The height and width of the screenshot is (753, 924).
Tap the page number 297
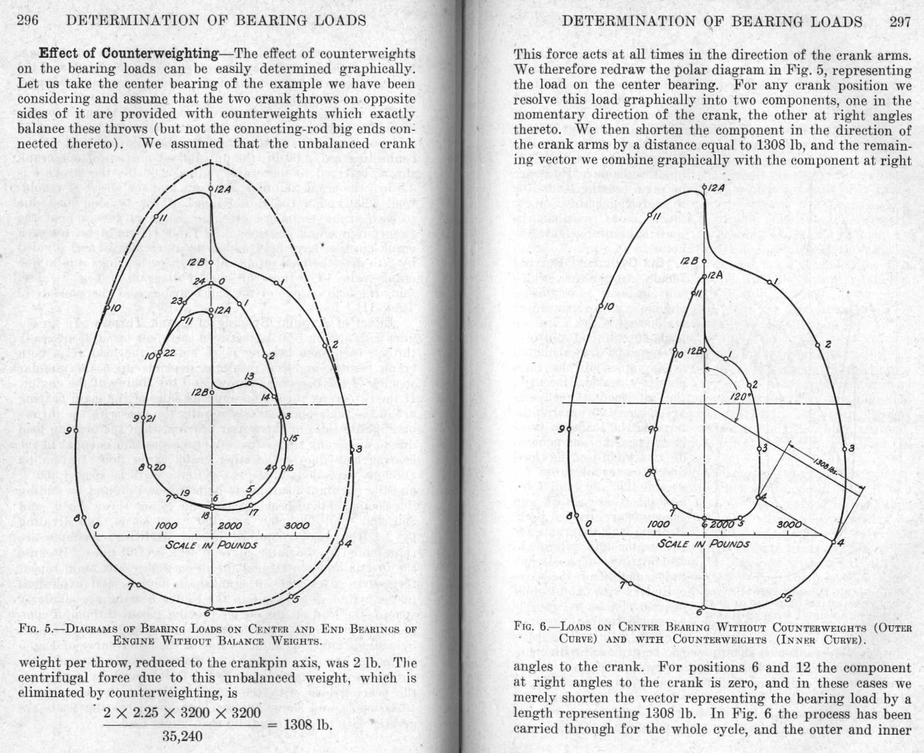[x=900, y=21]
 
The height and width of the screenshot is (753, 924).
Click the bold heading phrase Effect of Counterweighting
[x=129, y=53]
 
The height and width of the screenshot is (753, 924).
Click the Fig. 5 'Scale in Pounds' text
[x=211, y=545]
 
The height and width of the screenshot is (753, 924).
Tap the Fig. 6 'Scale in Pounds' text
[x=703, y=543]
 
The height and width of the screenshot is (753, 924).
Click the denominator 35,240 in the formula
[x=182, y=736]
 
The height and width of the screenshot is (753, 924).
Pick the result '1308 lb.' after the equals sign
[x=308, y=724]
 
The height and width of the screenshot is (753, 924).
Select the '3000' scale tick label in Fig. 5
[x=297, y=526]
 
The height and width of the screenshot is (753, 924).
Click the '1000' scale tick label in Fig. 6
[x=658, y=524]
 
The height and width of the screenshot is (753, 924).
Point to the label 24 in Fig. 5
[x=199, y=282]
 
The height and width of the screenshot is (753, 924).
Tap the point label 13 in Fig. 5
[x=249, y=376]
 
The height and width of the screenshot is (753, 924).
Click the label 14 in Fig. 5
[x=265, y=397]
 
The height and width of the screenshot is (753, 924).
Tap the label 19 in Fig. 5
[x=185, y=493]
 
